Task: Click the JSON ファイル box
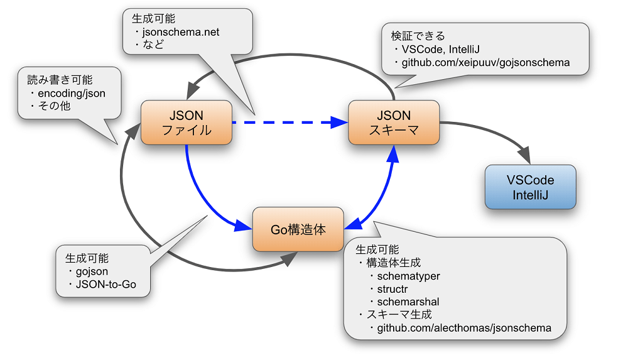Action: tap(187, 123)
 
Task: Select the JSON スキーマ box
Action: tap(393, 123)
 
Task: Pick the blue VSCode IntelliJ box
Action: tap(530, 187)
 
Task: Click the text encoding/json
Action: tap(72, 93)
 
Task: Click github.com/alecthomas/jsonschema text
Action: tap(464, 328)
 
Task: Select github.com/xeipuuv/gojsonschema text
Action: tap(485, 63)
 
